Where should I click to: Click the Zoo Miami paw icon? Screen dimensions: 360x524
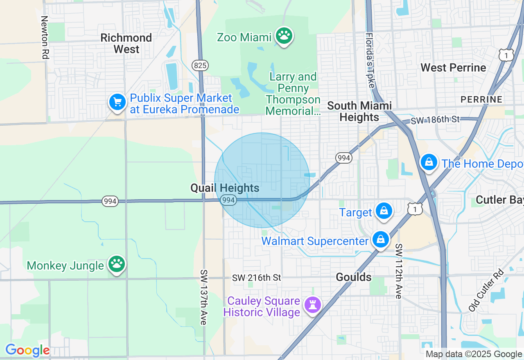pyautogui.click(x=284, y=36)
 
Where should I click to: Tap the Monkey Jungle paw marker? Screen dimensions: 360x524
pyautogui.click(x=117, y=264)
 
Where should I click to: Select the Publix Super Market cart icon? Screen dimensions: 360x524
pyautogui.click(x=117, y=102)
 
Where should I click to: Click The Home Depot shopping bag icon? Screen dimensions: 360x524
pyautogui.click(x=429, y=162)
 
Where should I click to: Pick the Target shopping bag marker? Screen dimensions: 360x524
pyautogui.click(x=384, y=211)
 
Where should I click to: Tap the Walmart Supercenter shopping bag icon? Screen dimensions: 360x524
pyautogui.click(x=380, y=240)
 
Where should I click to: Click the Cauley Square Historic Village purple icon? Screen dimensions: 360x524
pyautogui.click(x=313, y=305)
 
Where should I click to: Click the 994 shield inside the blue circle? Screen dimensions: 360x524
pyautogui.click(x=228, y=200)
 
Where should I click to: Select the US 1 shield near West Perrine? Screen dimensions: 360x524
pyautogui.click(x=506, y=54)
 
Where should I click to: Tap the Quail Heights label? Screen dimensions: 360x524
pyautogui.click(x=225, y=188)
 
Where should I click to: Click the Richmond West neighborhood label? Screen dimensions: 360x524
pyautogui.click(x=126, y=43)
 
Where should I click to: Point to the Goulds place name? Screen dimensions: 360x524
pyautogui.click(x=354, y=277)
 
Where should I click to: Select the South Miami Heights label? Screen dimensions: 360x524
pyautogui.click(x=359, y=111)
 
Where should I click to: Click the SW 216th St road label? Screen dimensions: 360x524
pyautogui.click(x=257, y=278)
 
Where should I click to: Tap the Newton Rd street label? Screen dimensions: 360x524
pyautogui.click(x=45, y=37)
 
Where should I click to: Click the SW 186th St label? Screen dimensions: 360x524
pyautogui.click(x=435, y=120)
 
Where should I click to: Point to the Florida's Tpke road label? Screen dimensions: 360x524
pyautogui.click(x=370, y=60)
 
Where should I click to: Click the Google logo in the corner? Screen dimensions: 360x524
pyautogui.click(x=27, y=351)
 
